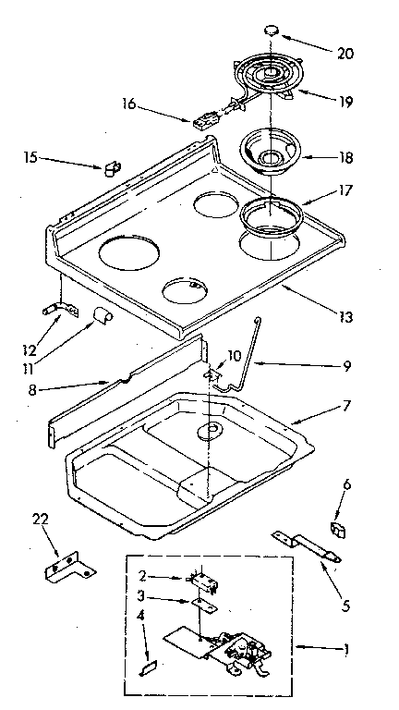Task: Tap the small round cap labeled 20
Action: click(272, 31)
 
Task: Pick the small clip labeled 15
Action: click(112, 167)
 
